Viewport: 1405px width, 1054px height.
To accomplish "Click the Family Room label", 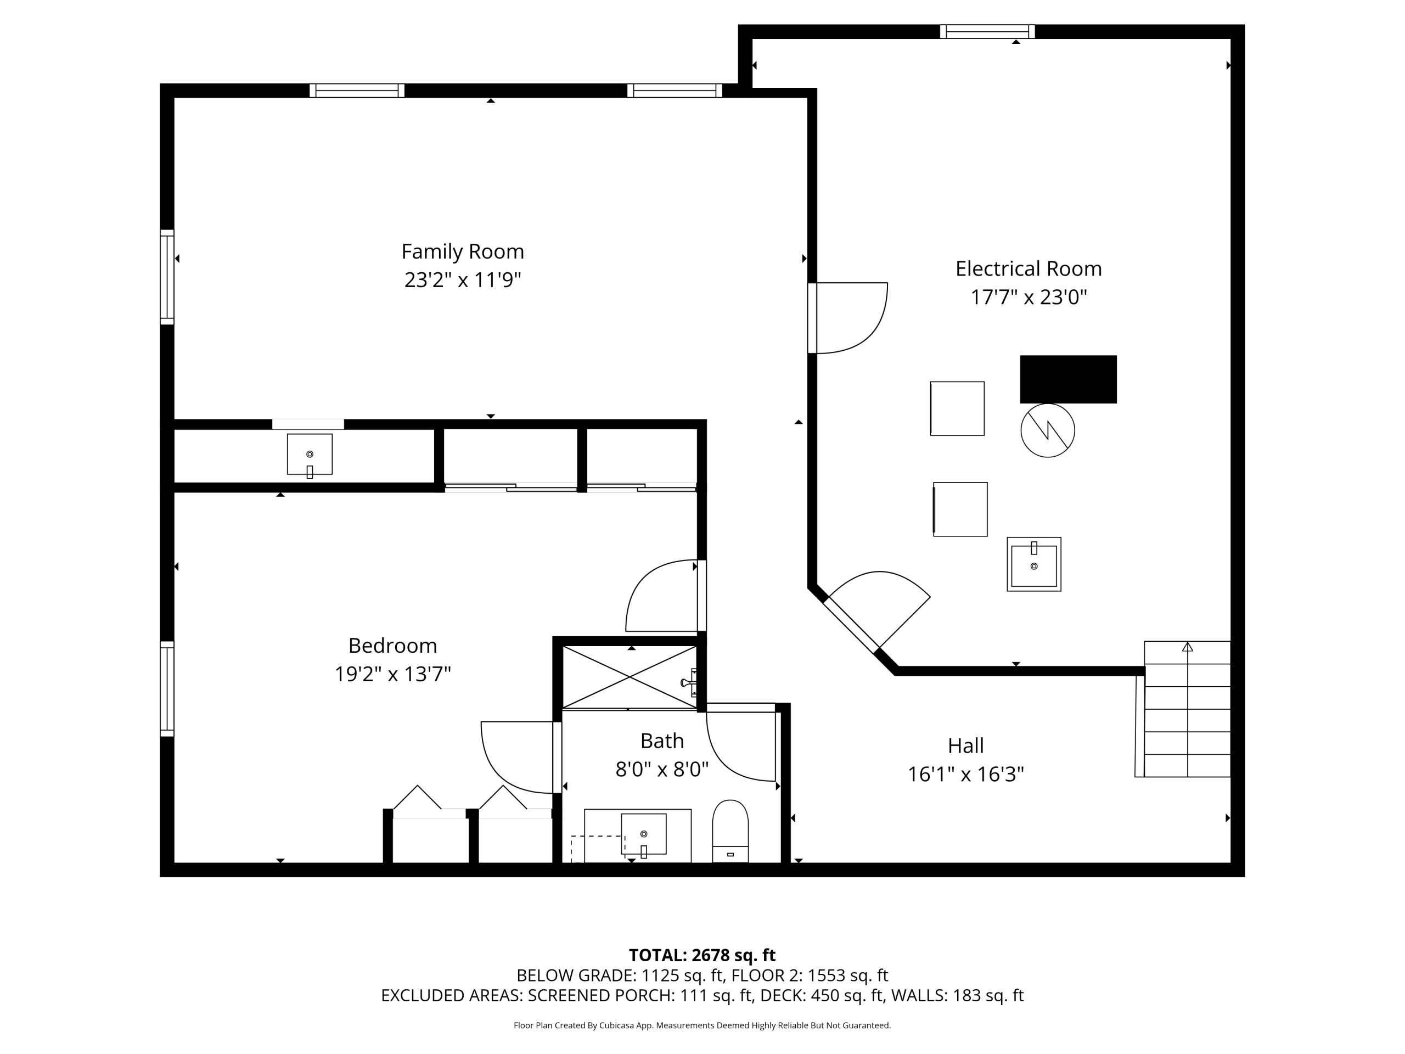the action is click(463, 251).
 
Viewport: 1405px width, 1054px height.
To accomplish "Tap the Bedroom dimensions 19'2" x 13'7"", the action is click(392, 674).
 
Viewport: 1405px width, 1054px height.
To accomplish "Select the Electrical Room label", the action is click(1029, 269).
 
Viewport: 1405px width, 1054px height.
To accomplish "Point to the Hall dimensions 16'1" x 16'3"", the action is click(965, 775).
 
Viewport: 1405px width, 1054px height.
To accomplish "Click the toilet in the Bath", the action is click(730, 831).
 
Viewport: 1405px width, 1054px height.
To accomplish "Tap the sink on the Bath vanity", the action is click(643, 834).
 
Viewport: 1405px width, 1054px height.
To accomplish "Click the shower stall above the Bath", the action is click(630, 677).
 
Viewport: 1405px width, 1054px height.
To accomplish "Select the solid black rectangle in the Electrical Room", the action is click(1069, 379).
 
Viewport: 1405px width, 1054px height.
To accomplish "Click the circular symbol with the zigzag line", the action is click(1047, 430).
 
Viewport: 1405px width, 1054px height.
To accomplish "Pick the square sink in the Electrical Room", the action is click(1034, 564).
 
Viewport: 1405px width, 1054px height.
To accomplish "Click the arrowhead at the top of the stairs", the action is click(1187, 647).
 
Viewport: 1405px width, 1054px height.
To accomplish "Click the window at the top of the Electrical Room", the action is click(987, 32).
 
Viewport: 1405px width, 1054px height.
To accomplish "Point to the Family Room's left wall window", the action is click(167, 277).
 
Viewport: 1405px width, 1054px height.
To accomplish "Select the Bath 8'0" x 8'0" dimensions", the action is click(662, 770).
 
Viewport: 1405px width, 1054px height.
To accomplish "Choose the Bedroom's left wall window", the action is click(167, 689).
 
